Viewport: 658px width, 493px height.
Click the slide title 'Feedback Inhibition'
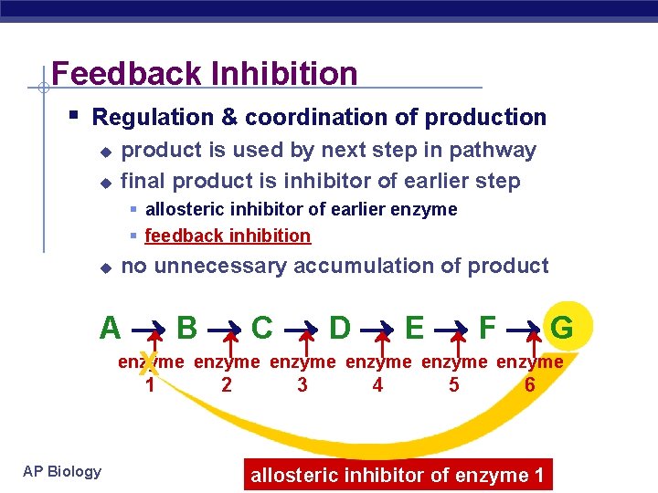(205, 73)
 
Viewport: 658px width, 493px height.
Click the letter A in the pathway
(110, 327)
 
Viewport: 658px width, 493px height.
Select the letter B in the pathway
(186, 327)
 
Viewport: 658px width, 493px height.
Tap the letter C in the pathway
(261, 327)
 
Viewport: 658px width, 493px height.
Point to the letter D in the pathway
(339, 327)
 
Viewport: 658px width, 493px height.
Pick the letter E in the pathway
(414, 327)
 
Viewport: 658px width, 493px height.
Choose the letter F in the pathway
(487, 327)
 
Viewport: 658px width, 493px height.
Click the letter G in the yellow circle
(563, 327)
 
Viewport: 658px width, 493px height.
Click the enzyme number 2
(227, 385)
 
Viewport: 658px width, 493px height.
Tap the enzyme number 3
(302, 385)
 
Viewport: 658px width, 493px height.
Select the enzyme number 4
(377, 385)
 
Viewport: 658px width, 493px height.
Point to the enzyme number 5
(454, 385)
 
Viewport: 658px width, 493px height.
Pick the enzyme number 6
(529, 385)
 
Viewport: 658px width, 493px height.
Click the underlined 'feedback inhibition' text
(228, 236)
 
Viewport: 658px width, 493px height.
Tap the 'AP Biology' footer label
(62, 471)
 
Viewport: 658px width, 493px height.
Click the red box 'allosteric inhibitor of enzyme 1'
(398, 475)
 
